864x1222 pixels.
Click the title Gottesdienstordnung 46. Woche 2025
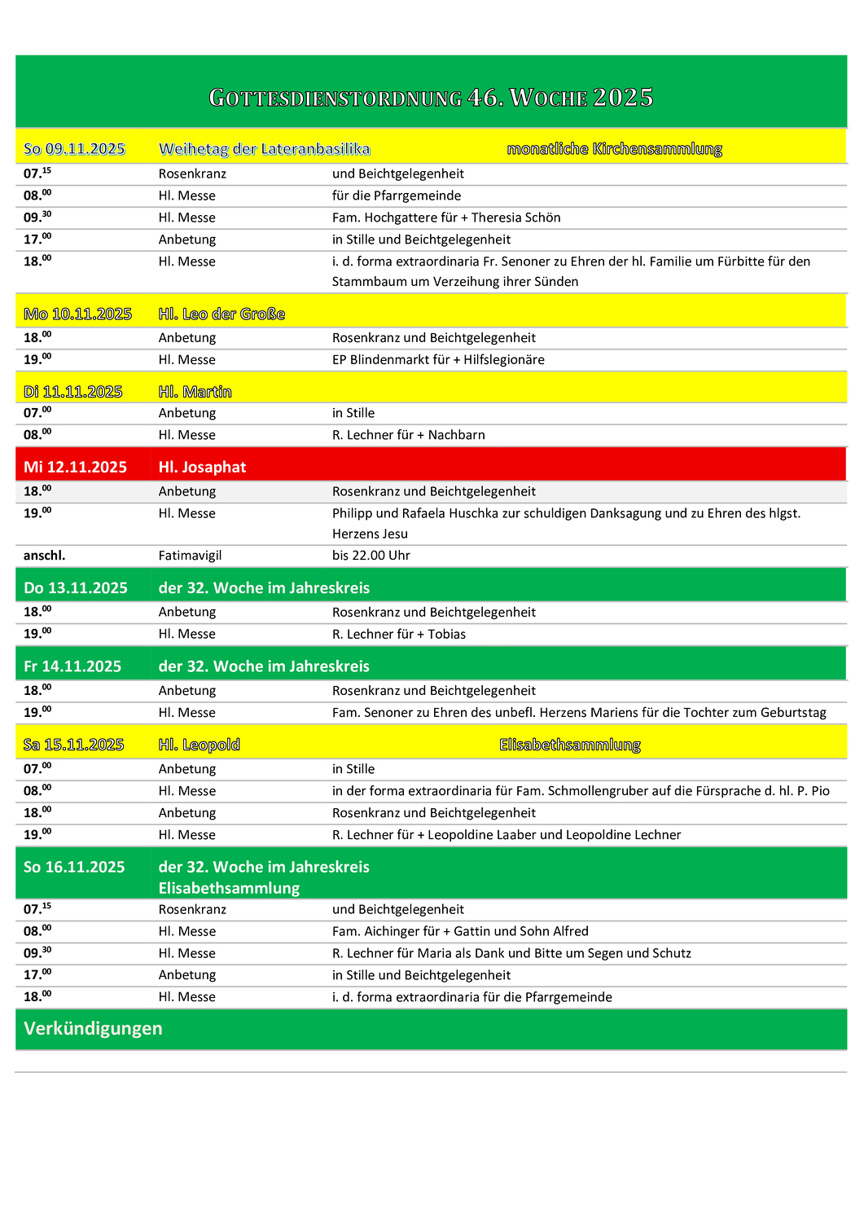pos(431,98)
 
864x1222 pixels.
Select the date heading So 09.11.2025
pos(74,149)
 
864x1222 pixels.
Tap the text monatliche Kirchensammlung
pos(614,149)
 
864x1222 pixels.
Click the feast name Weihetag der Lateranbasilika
pos(264,149)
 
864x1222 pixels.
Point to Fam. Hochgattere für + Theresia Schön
pos(445,218)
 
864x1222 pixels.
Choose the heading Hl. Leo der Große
pos(221,314)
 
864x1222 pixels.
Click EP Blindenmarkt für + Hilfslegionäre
pos(438,360)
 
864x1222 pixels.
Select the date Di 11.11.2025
pos(72,392)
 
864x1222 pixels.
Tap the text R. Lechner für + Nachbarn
pos(408,435)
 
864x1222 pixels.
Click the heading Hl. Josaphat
pos(202,467)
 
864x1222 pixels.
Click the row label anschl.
pos(44,556)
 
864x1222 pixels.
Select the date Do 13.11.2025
pos(76,588)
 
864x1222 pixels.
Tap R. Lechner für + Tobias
pos(399,635)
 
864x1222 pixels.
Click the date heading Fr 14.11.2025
pos(72,666)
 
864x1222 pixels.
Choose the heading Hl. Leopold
pos(199,745)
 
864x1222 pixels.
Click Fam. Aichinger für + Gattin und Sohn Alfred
pos(460,931)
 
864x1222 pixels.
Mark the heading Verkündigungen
pos(93,1029)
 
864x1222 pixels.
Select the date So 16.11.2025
pos(74,867)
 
